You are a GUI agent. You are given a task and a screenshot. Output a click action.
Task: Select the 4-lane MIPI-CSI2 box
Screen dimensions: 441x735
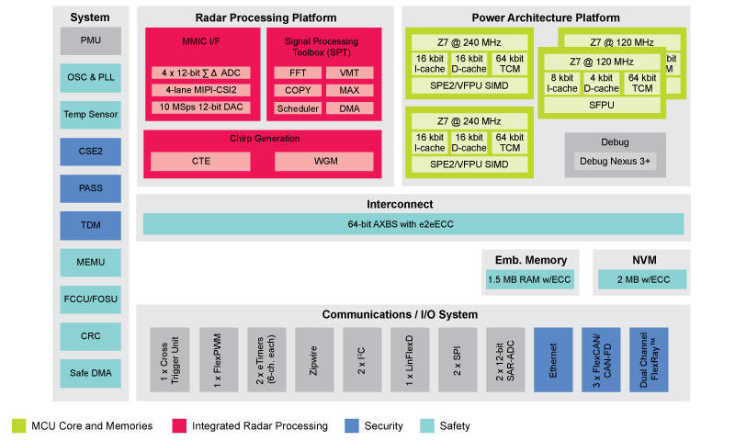pos(199,90)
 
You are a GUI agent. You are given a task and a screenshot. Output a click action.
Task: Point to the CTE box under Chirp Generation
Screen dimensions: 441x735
pos(201,161)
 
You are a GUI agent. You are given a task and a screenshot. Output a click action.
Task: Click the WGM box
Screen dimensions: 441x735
pos(324,161)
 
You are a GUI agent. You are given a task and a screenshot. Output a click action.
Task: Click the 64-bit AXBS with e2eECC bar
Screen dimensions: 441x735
pos(413,224)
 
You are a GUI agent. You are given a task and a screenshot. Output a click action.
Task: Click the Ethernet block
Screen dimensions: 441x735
pos(552,360)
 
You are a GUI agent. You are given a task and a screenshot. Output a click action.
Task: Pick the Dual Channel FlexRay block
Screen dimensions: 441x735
pos(649,360)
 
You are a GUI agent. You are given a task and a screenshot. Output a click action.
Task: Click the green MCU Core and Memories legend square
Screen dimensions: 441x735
pos(17,425)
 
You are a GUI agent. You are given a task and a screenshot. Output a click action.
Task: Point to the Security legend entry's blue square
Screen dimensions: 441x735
pos(350,425)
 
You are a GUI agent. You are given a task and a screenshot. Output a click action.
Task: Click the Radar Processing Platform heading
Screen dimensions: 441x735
pos(266,17)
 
